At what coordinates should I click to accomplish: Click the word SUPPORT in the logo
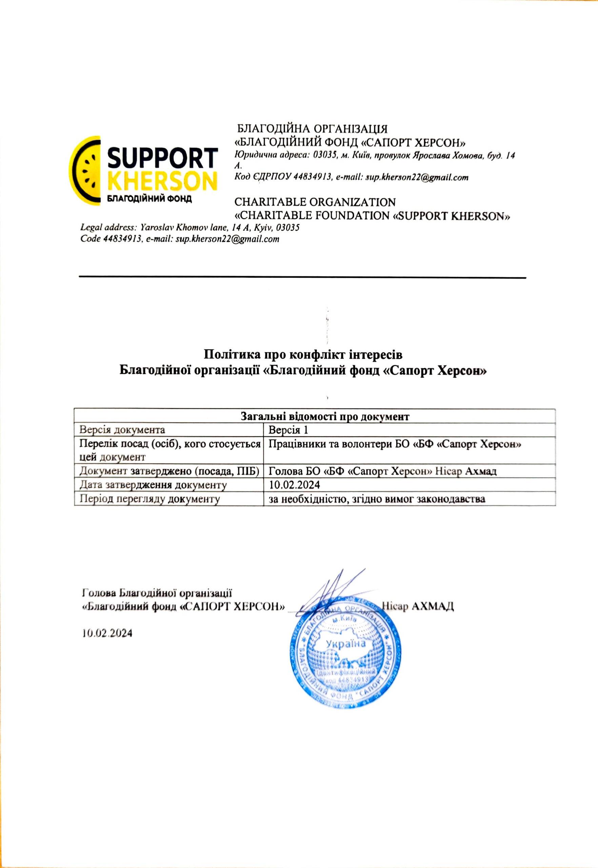(x=162, y=159)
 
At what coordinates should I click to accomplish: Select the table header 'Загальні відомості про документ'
(x=314, y=416)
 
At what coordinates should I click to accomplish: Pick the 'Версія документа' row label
(x=122, y=430)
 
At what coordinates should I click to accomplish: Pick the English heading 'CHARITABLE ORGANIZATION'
(x=314, y=202)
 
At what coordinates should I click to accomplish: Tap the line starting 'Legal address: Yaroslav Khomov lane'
(x=190, y=228)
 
